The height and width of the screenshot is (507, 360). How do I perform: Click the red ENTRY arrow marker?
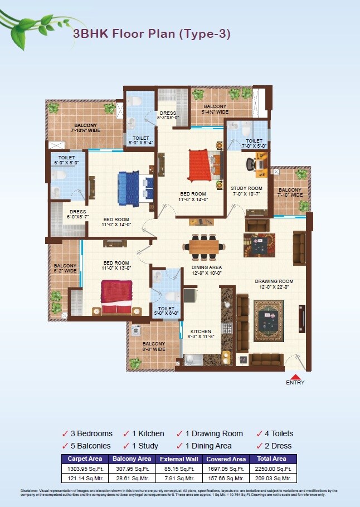coord(295,376)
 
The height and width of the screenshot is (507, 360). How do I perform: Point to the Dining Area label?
coord(207,270)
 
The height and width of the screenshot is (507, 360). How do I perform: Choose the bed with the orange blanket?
coord(200,164)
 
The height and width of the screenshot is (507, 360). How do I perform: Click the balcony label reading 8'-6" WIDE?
coord(153,347)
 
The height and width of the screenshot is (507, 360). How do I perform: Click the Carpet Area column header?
coord(84,459)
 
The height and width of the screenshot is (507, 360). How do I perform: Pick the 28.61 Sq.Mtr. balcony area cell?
coord(132,479)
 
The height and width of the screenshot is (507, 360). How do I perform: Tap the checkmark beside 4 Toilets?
coord(260,433)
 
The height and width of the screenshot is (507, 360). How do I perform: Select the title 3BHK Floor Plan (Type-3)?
coord(152,34)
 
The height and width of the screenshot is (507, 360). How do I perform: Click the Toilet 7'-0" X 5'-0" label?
coord(254,143)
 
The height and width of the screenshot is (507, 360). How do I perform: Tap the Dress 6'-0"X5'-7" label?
coord(78,214)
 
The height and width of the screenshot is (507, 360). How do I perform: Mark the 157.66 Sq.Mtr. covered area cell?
coord(226,479)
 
